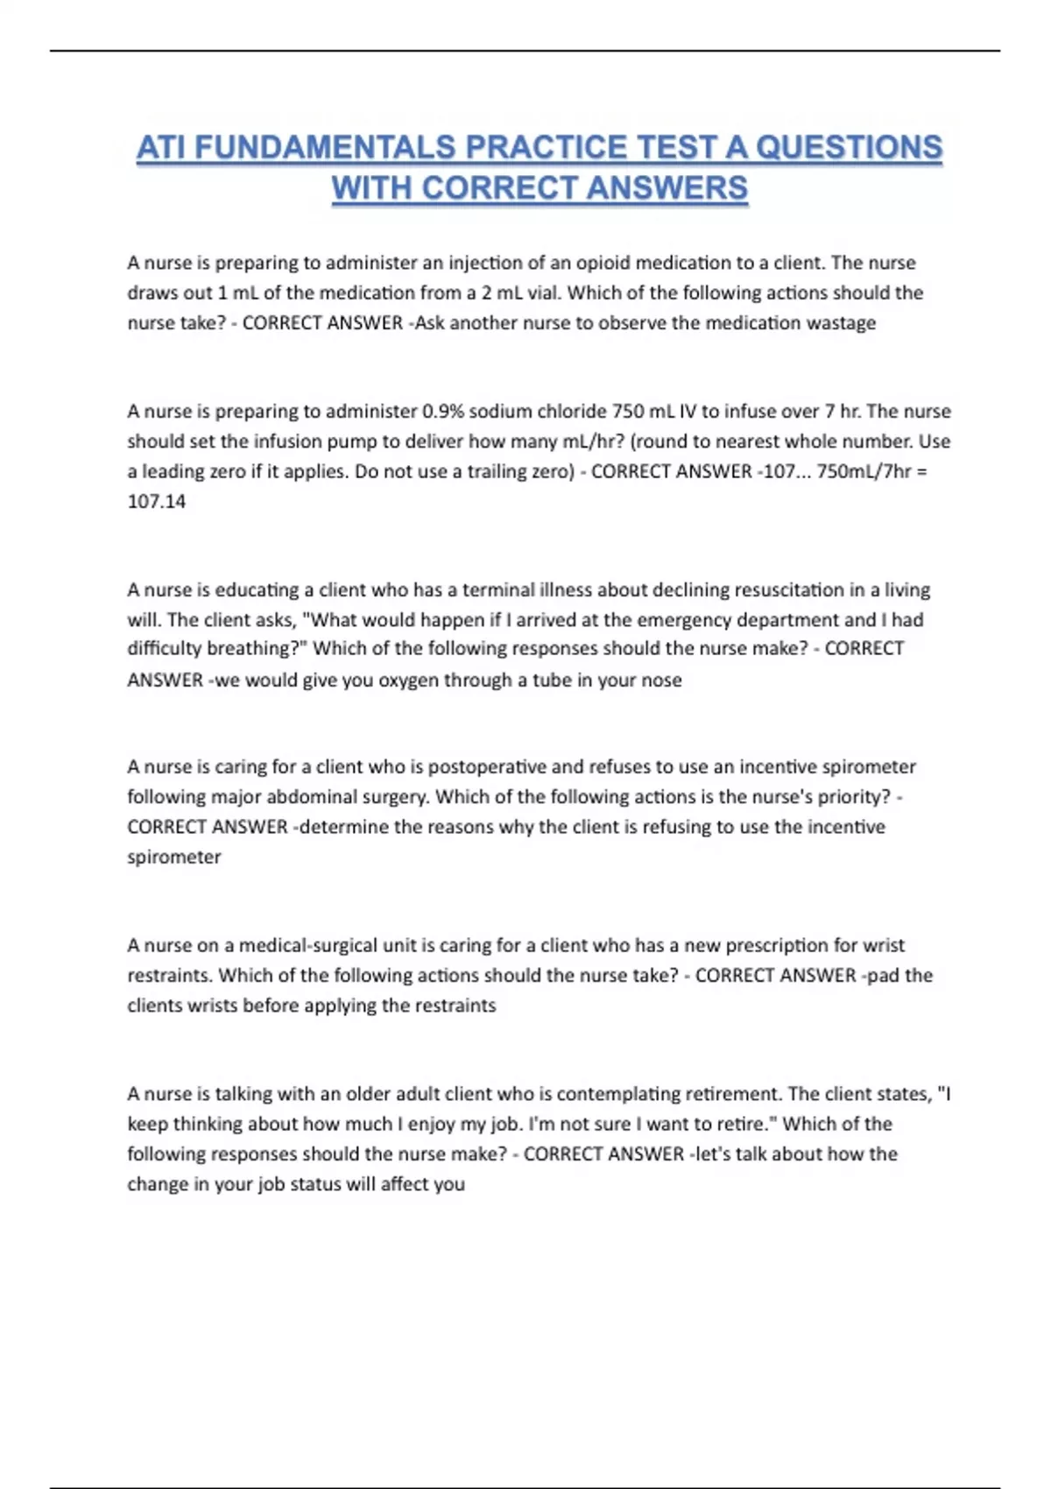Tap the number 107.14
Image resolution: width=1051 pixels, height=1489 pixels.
[x=157, y=501]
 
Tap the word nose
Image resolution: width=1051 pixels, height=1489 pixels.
[x=661, y=680]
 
